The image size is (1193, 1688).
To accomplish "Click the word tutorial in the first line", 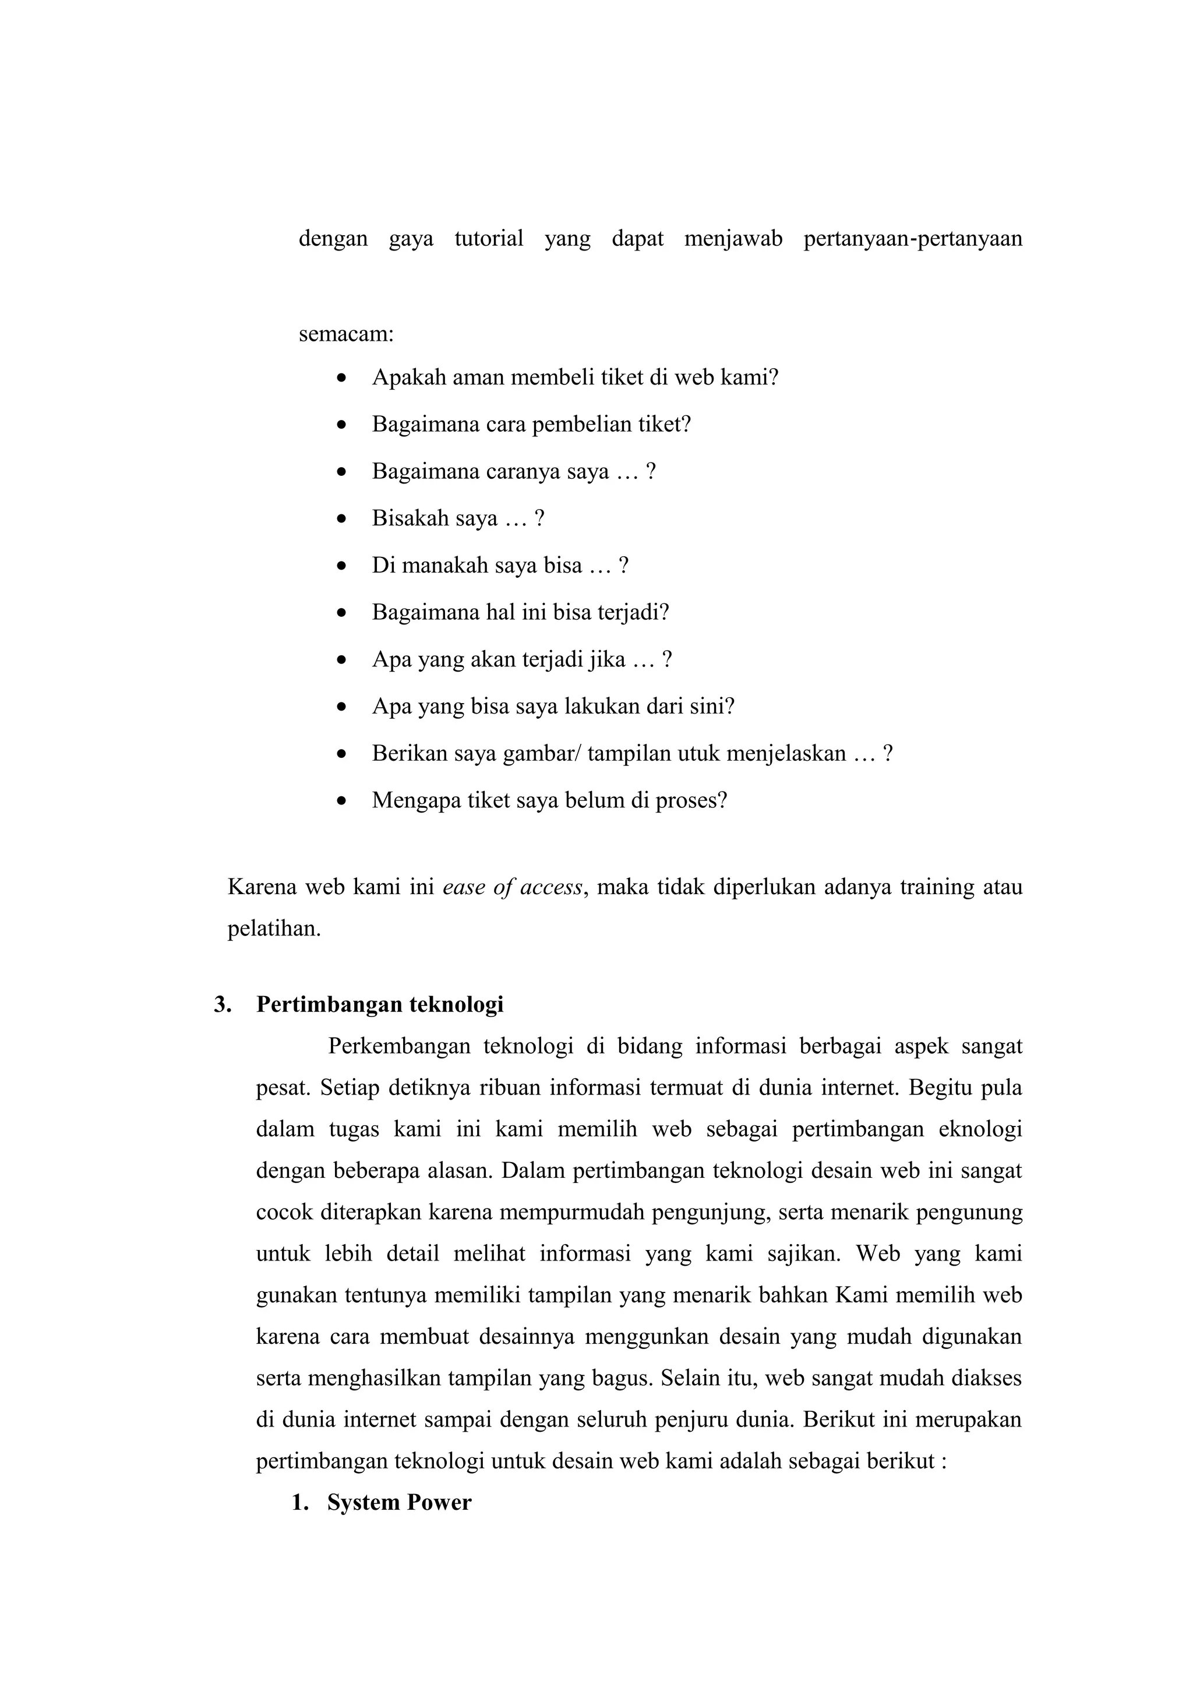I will click(489, 239).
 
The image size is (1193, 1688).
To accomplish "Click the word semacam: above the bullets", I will click(346, 334).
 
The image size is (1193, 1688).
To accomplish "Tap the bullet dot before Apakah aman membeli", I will click(340, 379).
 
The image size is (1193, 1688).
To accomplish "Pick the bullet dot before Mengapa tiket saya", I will click(340, 801).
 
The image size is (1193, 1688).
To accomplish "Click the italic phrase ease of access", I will click(513, 888).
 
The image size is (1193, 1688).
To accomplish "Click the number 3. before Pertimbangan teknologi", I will click(222, 1005).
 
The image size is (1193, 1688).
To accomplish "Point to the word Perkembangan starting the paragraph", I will click(398, 1046).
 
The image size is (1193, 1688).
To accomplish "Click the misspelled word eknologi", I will click(980, 1129).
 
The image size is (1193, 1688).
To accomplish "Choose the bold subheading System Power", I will click(399, 1503).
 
